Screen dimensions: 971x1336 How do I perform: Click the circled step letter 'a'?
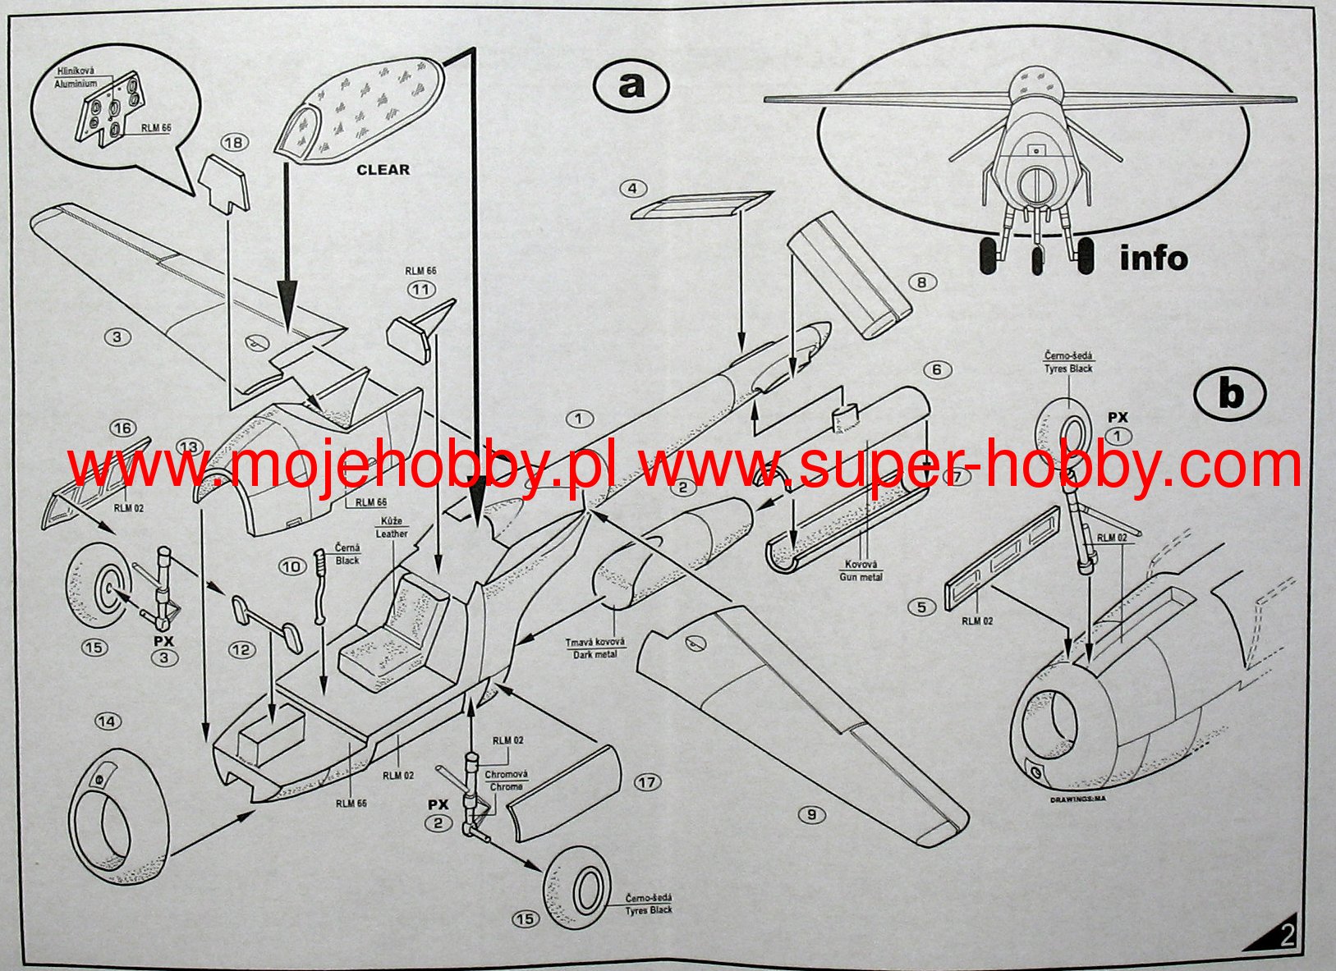[x=631, y=85]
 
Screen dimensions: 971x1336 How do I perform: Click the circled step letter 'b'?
[x=1229, y=395]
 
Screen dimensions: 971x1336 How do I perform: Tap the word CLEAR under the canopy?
[x=383, y=170]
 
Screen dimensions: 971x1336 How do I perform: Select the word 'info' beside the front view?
[x=1154, y=259]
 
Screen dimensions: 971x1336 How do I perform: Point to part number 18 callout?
[x=234, y=143]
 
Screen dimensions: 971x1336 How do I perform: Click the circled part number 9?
[x=811, y=814]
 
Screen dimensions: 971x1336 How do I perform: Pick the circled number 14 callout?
[x=107, y=721]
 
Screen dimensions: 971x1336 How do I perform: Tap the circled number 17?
[x=647, y=782]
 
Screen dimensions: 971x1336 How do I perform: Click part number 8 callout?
[x=922, y=282]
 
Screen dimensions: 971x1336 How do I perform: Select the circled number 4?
[x=631, y=189]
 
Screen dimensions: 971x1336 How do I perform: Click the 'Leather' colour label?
[x=392, y=534]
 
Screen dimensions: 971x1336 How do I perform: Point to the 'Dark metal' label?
[x=595, y=654]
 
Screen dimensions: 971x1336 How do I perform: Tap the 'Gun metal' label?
[x=860, y=577]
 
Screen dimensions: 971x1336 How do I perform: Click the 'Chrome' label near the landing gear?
[x=506, y=786]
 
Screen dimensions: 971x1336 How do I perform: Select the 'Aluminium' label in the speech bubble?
[x=76, y=84]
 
